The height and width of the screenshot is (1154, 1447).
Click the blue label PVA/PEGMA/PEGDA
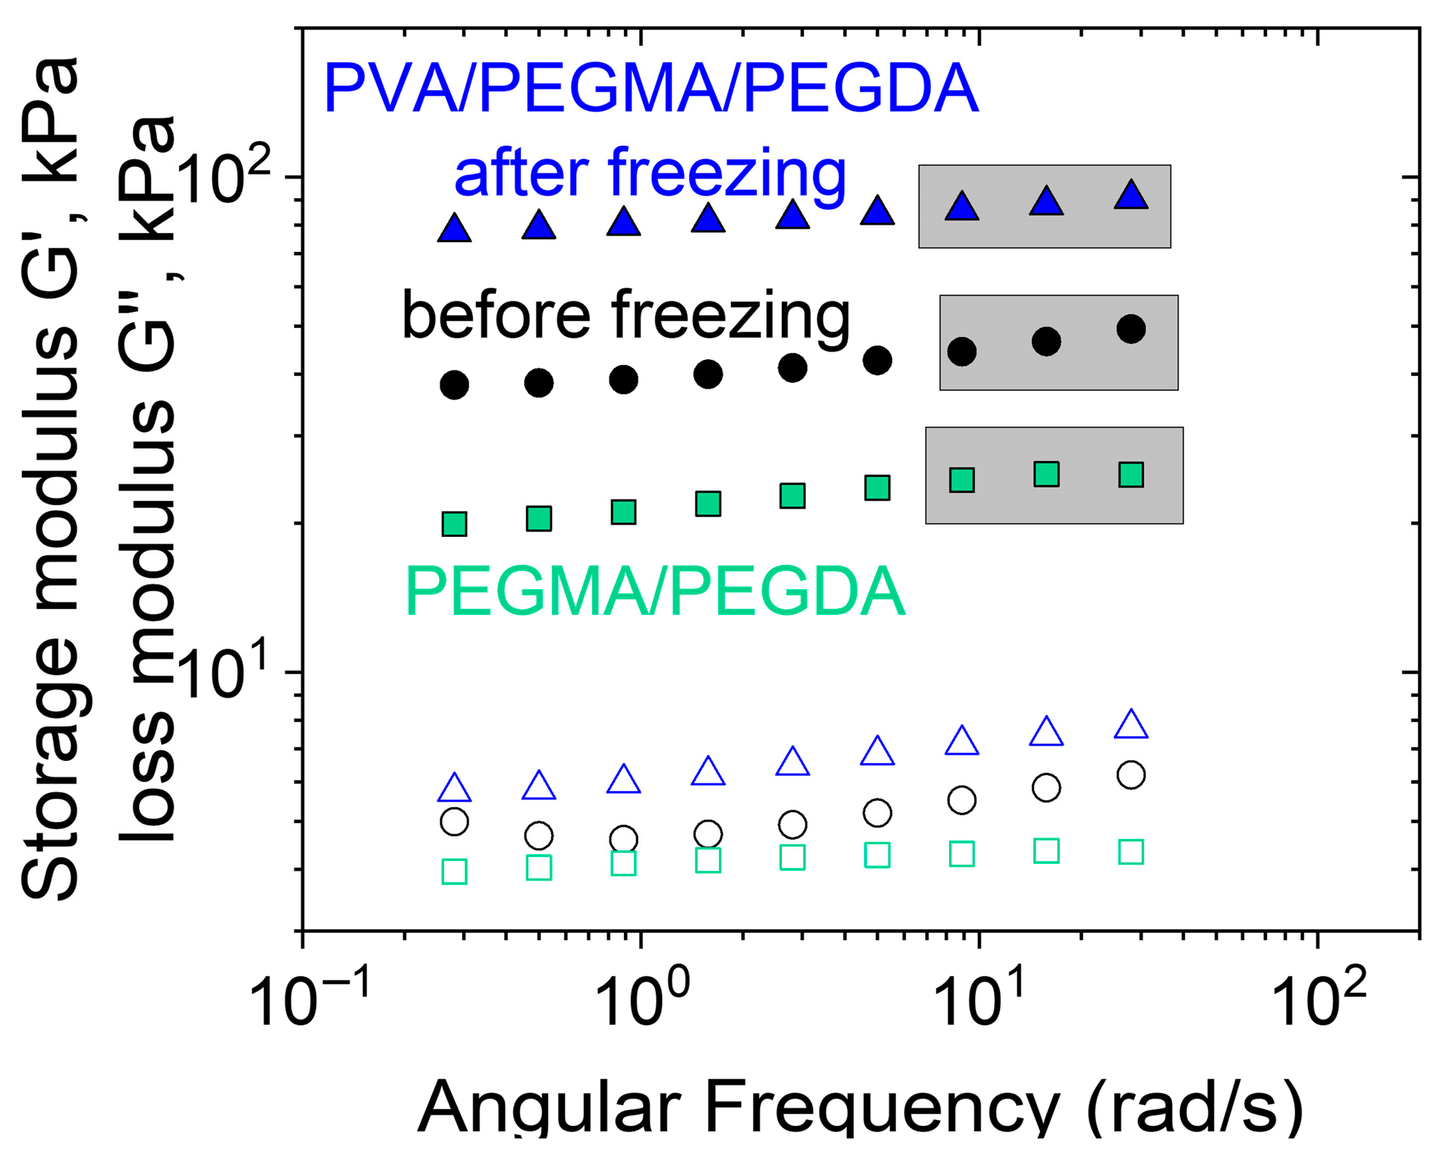tap(651, 89)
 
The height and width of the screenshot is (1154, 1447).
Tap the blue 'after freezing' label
tap(650, 174)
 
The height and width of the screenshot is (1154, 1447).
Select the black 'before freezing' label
tap(626, 315)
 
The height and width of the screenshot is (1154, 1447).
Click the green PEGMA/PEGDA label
tap(656, 592)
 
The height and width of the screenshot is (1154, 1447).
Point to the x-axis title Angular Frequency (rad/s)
tap(860, 1107)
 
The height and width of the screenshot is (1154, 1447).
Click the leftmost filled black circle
tap(455, 385)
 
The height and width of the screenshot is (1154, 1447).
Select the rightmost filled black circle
tap(1131, 329)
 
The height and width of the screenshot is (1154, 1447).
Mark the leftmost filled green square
tap(455, 524)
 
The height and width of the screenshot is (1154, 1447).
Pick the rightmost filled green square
tap(1131, 475)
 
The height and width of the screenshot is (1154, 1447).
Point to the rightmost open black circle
tap(1131, 775)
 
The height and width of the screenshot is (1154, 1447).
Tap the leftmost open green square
tap(455, 872)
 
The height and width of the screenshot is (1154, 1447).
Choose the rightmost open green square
tap(1131, 852)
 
